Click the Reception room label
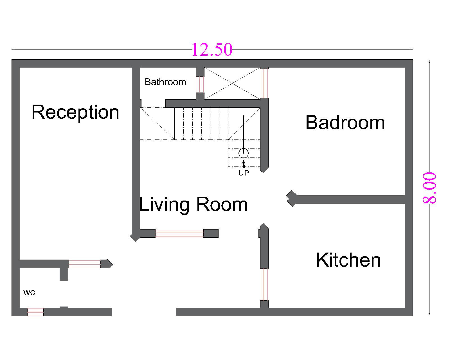pyautogui.click(x=75, y=113)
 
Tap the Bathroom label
pyautogui.click(x=165, y=82)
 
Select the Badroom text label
pyautogui.click(x=345, y=123)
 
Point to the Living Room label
pyautogui.click(x=193, y=205)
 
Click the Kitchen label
pyautogui.click(x=348, y=260)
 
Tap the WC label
pyautogui.click(x=29, y=293)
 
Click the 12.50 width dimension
pyautogui.click(x=212, y=50)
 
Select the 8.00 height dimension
pyautogui.click(x=429, y=188)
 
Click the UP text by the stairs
pyautogui.click(x=244, y=173)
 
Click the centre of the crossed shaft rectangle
pyautogui.click(x=232, y=83)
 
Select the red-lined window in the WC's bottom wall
pyautogui.click(x=35, y=312)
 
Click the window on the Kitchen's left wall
pyautogui.click(x=264, y=284)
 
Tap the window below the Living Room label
pyautogui.click(x=179, y=233)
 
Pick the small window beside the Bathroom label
pyautogui.click(x=200, y=85)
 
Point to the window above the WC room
pyautogui.click(x=85, y=264)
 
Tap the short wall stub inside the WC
pyautogui.click(x=64, y=274)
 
